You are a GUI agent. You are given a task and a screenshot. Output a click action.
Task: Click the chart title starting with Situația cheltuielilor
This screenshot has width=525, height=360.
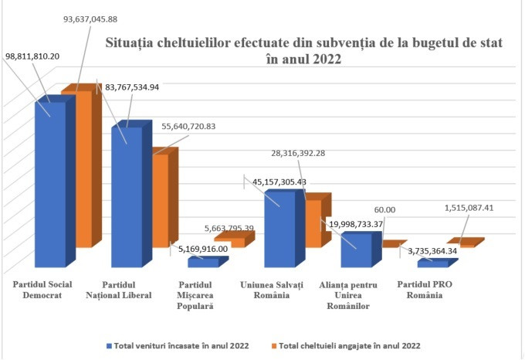(303, 53)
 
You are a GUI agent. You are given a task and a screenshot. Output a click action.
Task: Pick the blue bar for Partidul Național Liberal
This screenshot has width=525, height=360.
(127, 197)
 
